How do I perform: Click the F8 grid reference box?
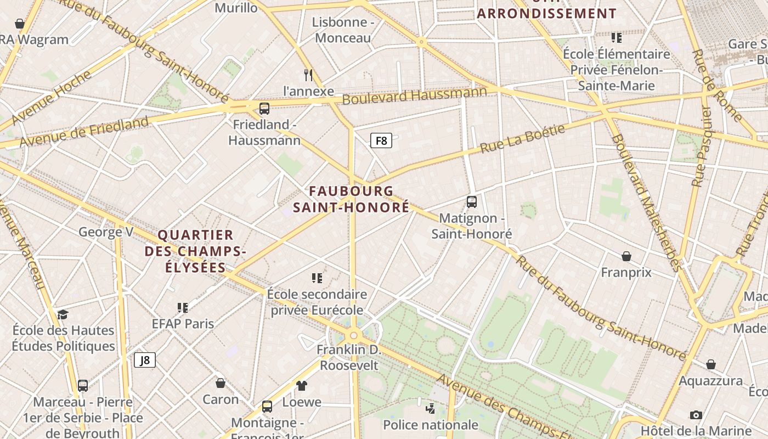pyautogui.click(x=381, y=141)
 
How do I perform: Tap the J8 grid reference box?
pyautogui.click(x=145, y=360)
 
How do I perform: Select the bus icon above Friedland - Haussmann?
pyautogui.click(x=264, y=108)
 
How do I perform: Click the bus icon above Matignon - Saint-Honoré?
pyautogui.click(x=472, y=201)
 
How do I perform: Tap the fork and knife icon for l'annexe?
pyautogui.click(x=308, y=75)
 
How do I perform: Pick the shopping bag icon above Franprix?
pyautogui.click(x=626, y=256)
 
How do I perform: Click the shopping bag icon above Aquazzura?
pyautogui.click(x=711, y=364)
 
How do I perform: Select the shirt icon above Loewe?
pyautogui.click(x=302, y=385)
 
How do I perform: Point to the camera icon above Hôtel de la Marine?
pyautogui.click(x=696, y=415)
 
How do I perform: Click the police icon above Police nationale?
pyautogui.click(x=431, y=408)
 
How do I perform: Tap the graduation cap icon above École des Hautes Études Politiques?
pyautogui.click(x=63, y=314)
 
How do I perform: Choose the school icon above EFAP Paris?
pyautogui.click(x=183, y=307)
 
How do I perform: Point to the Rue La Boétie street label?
pyautogui.click(x=522, y=139)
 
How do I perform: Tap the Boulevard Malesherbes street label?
pyautogui.click(x=647, y=203)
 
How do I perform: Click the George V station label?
pyautogui.click(x=106, y=232)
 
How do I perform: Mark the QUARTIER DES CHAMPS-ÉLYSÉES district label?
pyautogui.click(x=195, y=251)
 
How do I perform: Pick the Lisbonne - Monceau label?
pyautogui.click(x=343, y=30)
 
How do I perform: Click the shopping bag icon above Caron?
pyautogui.click(x=221, y=382)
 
